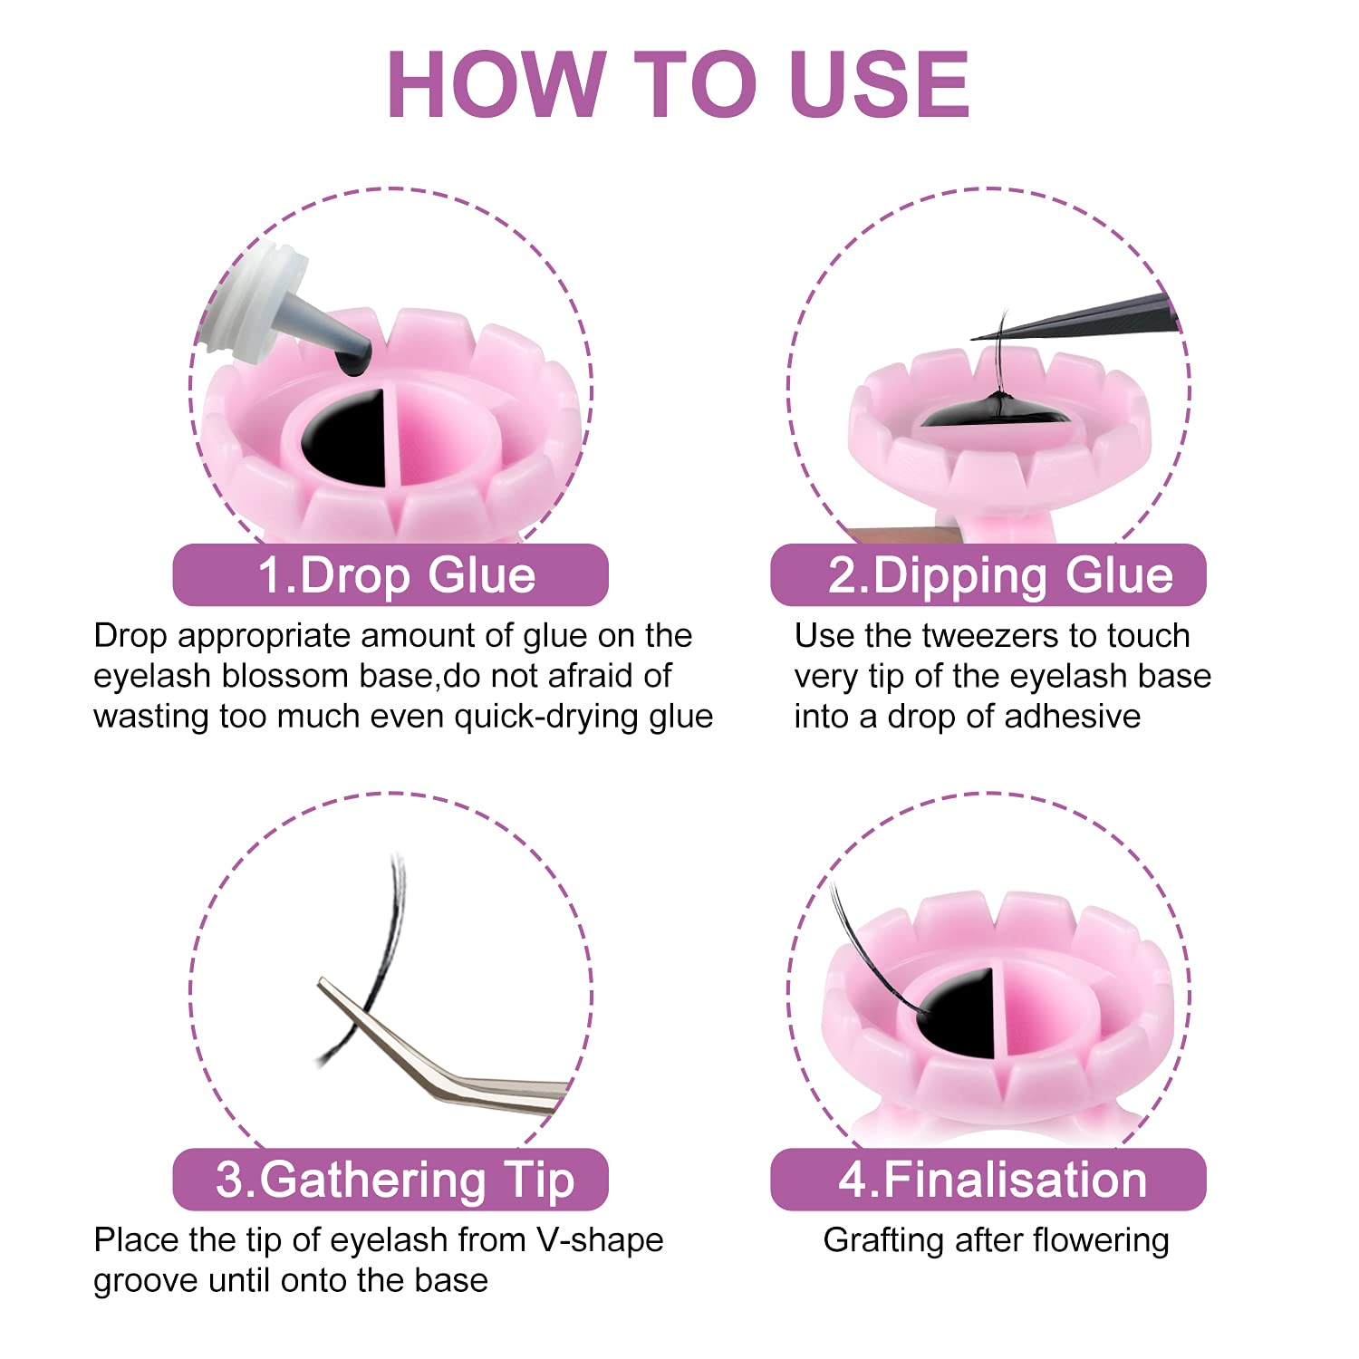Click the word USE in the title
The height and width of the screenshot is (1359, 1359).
pyautogui.click(x=880, y=84)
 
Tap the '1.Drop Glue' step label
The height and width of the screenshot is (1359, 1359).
pyautogui.click(x=390, y=575)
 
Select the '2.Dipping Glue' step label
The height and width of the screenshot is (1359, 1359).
pyautogui.click(x=988, y=575)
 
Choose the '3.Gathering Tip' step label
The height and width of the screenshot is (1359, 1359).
pyautogui.click(x=390, y=1180)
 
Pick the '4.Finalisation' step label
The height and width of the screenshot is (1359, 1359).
pyautogui.click(x=988, y=1180)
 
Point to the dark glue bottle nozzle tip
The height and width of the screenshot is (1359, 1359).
pyautogui.click(x=352, y=358)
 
